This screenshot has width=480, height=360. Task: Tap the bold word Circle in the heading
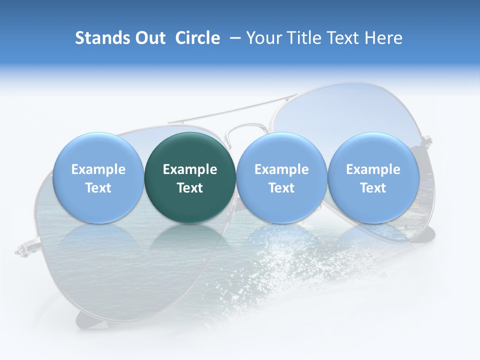(x=197, y=38)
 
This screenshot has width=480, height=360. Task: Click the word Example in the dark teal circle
(x=190, y=169)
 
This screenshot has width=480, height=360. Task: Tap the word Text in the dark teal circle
(x=190, y=188)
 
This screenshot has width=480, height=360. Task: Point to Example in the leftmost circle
(x=98, y=169)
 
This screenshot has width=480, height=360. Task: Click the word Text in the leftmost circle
(x=98, y=188)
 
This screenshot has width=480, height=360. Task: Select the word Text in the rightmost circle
(x=373, y=188)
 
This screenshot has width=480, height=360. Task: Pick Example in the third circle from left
(x=281, y=169)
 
